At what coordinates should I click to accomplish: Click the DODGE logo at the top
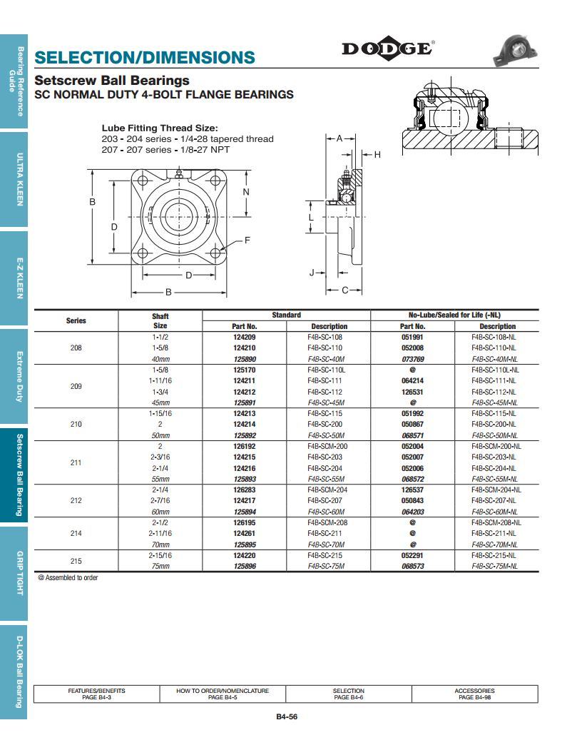click(x=387, y=49)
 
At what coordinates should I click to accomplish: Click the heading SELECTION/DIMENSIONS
click(x=144, y=58)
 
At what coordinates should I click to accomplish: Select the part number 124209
click(x=245, y=337)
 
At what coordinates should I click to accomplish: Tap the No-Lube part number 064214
click(x=412, y=381)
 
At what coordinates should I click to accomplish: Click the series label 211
click(x=76, y=463)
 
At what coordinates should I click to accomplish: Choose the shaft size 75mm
click(x=160, y=567)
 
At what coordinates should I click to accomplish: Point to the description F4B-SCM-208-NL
click(x=497, y=523)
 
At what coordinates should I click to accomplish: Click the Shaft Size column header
click(x=160, y=320)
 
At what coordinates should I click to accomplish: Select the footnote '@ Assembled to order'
click(x=68, y=578)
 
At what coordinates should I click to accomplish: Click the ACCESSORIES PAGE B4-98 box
click(x=474, y=694)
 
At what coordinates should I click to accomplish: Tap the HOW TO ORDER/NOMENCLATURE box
click(x=223, y=694)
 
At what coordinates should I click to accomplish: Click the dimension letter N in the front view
click(x=246, y=192)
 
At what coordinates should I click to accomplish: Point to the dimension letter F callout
click(x=247, y=240)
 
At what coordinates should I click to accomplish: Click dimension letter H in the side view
click(x=377, y=155)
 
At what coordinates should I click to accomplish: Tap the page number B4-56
click(x=287, y=717)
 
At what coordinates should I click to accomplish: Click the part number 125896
click(x=245, y=567)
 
